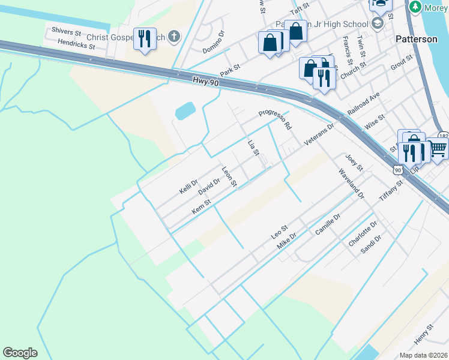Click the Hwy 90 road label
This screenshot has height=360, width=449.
pos(205,80)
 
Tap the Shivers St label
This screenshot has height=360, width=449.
pos(66,31)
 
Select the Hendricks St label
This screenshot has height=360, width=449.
pos(76,44)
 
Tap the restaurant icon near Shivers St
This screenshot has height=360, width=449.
pos(145,39)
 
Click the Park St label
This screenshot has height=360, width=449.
pos(230,70)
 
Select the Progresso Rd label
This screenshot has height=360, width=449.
pos(275,120)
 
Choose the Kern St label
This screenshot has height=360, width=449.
pos(201,207)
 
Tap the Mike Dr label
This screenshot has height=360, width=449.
pos(287,242)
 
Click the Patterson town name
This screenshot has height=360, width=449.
pos(416,39)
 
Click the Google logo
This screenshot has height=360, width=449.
pos(20,353)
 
